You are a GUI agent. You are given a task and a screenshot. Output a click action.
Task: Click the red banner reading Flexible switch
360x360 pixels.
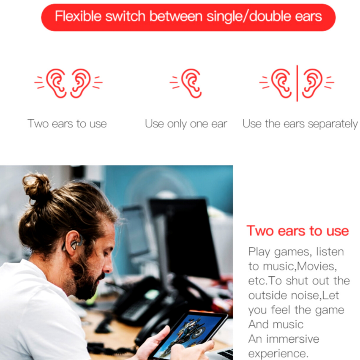(x=188, y=17)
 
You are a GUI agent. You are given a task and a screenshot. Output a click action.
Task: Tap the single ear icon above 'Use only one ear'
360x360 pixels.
(x=186, y=83)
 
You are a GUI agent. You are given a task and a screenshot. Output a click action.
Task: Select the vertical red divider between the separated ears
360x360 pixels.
(x=297, y=83)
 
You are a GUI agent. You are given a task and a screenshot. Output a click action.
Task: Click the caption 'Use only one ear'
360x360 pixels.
(x=186, y=124)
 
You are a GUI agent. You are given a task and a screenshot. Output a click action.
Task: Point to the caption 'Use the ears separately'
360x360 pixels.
(x=300, y=124)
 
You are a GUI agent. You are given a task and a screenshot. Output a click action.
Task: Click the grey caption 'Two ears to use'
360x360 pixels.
(x=67, y=124)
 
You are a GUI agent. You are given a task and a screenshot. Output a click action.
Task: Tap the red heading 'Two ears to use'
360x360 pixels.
(x=297, y=231)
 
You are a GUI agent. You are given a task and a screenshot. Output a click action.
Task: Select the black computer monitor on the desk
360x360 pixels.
(x=184, y=237)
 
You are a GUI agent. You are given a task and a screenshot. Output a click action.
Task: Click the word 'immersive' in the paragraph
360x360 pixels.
(x=292, y=339)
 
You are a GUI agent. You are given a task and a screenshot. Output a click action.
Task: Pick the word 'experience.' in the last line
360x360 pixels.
(x=278, y=354)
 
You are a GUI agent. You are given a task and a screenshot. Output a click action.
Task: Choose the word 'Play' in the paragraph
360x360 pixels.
(x=259, y=252)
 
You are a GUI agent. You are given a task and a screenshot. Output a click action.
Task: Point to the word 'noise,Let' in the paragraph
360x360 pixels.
(x=314, y=295)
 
